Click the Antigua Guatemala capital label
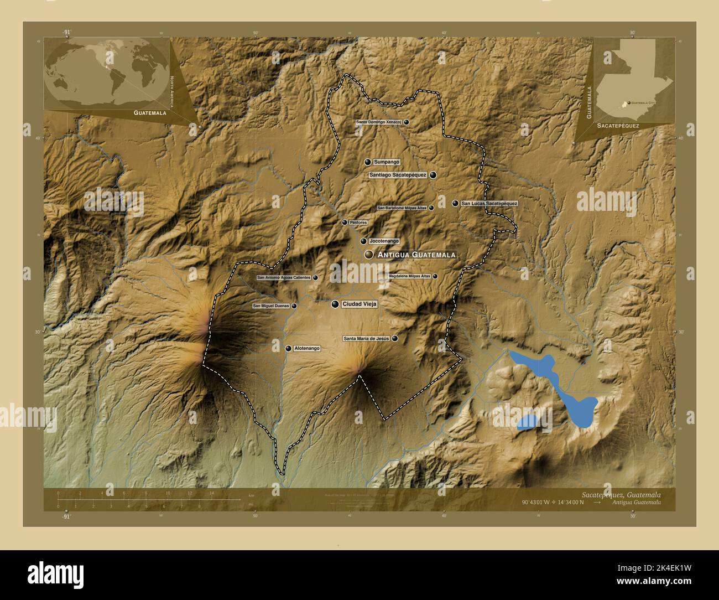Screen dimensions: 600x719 [416, 255]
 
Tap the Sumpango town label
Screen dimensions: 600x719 [386, 162]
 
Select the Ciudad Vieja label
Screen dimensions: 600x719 [359, 304]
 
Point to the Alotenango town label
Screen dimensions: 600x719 [307, 349]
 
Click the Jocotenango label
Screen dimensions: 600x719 [384, 241]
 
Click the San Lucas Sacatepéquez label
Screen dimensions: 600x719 [489, 204]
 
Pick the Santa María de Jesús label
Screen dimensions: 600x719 [367, 338]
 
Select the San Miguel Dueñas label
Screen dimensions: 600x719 [271, 306]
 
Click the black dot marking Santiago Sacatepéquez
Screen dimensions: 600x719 [433, 175]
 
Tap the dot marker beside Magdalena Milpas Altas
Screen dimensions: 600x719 [435, 276]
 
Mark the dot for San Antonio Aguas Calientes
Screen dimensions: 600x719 [315, 278]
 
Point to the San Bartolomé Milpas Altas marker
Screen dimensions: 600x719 [431, 208]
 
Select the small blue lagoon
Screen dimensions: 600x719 [528, 422]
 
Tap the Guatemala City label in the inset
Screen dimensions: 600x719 [643, 103]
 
